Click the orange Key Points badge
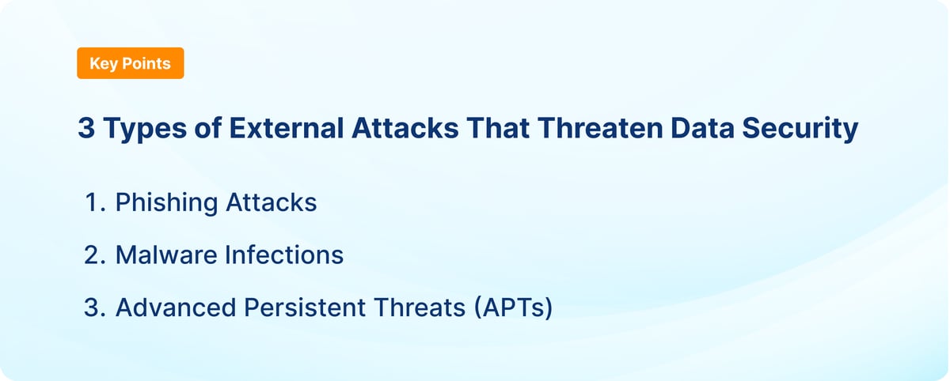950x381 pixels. tap(130, 63)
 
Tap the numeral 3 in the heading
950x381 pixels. tap(85, 129)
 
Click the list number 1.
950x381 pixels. tap(93, 202)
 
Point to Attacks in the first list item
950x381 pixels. tap(272, 202)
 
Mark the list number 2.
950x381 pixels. tap(93, 255)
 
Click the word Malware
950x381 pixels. tap(164, 255)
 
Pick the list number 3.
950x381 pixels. tap(93, 307)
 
